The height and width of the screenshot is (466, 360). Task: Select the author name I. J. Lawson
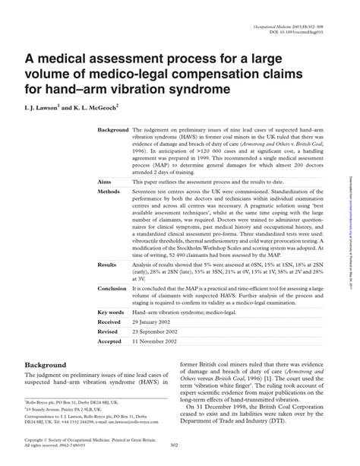tap(51, 108)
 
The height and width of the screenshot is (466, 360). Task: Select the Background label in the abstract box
tap(113, 130)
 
